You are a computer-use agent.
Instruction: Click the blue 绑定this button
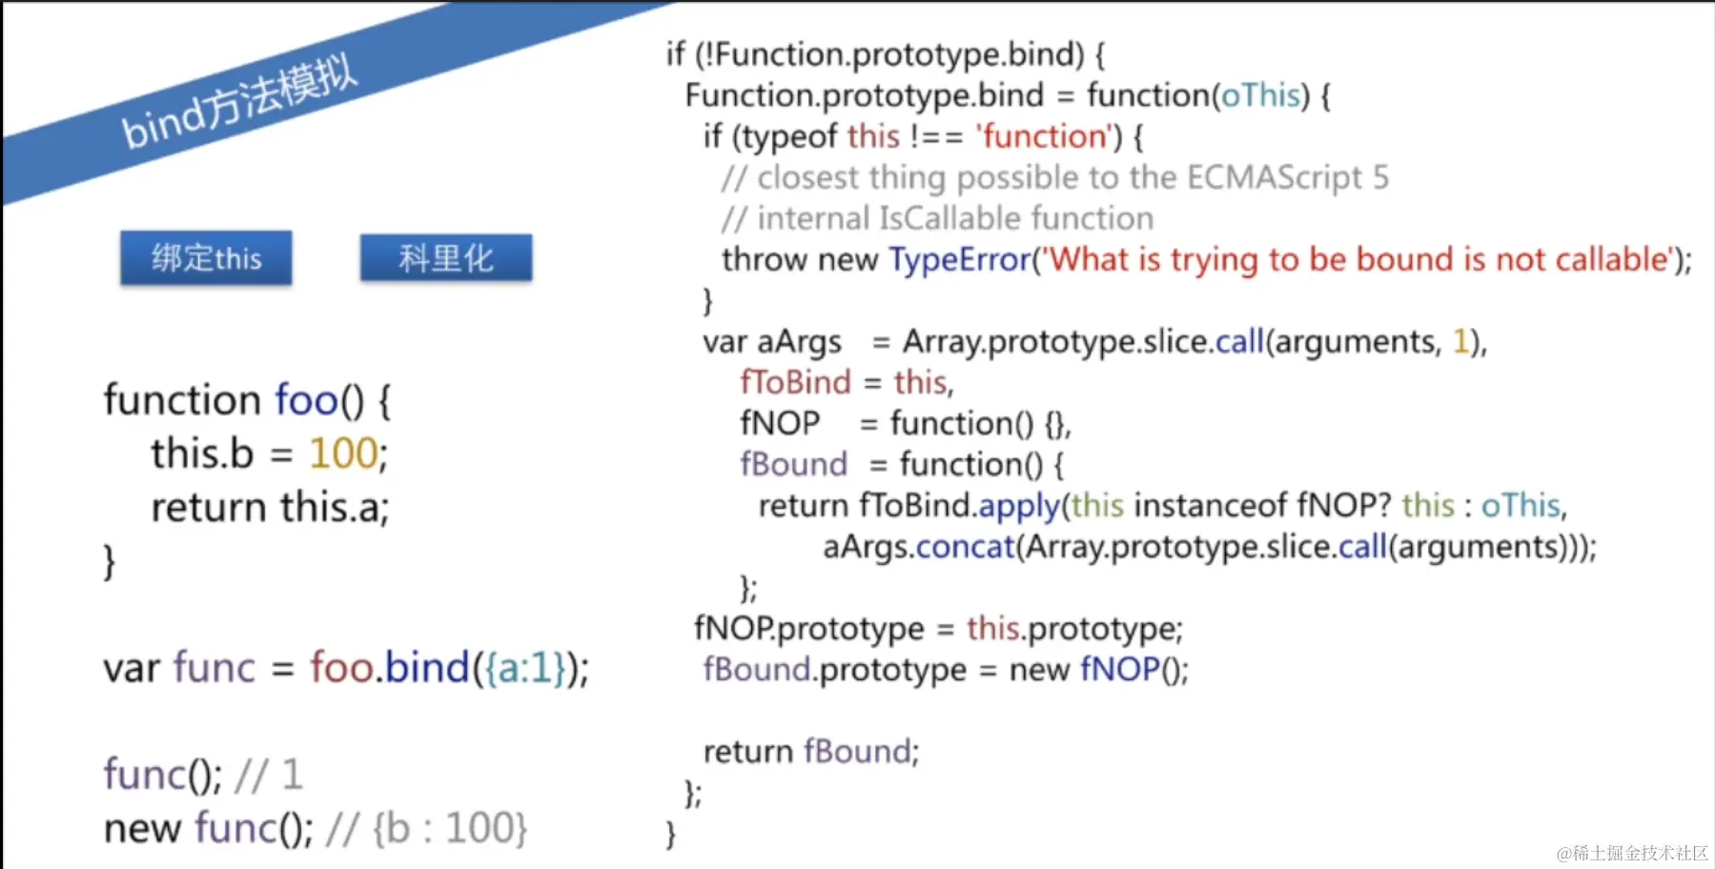(206, 257)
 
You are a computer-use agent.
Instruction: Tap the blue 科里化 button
(446, 257)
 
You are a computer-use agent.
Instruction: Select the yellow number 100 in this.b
(343, 454)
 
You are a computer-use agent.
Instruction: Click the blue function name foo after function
(306, 400)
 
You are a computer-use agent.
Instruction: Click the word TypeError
(960, 259)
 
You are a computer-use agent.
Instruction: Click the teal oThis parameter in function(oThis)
(1260, 95)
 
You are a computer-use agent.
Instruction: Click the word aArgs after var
(799, 342)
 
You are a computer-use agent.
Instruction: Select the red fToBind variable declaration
(794, 382)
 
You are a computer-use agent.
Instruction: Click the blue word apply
(1019, 506)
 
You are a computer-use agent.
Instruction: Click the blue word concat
(965, 547)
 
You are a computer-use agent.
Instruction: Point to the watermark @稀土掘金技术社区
(1632, 852)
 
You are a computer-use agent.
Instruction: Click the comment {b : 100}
(449, 829)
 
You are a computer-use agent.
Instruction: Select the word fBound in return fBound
(857, 752)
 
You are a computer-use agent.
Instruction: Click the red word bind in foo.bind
(427, 668)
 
